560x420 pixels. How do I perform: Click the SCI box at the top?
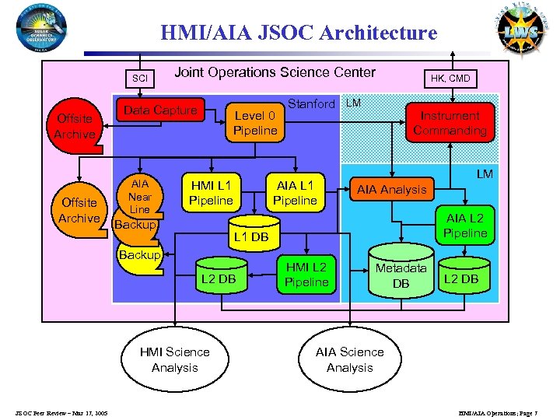click(x=139, y=79)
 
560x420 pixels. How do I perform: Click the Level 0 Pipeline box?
click(x=255, y=123)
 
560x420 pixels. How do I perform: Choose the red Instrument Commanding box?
click(x=450, y=123)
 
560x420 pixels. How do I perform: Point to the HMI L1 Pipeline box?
click(x=212, y=192)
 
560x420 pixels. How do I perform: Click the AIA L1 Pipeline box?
click(x=295, y=192)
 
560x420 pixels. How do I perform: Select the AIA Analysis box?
click(x=391, y=189)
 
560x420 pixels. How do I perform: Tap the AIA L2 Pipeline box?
click(x=465, y=226)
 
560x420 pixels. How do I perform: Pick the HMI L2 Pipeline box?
click(x=306, y=274)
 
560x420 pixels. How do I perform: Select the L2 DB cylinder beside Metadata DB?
click(x=460, y=277)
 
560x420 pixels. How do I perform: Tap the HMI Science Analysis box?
click(x=174, y=359)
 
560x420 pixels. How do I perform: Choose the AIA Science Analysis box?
click(x=349, y=359)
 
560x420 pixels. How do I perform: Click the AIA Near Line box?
click(x=139, y=197)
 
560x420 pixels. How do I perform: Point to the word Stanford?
click(x=311, y=103)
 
